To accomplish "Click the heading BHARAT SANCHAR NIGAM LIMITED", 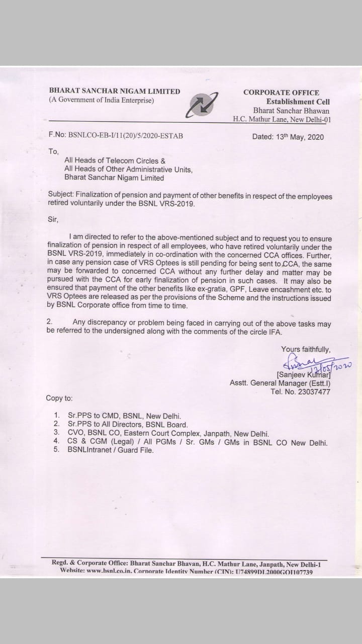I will click(114, 91).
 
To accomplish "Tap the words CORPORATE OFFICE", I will click(281, 93).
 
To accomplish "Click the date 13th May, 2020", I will click(288, 137).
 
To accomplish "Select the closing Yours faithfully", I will click(306, 349).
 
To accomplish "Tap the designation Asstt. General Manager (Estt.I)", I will click(280, 383).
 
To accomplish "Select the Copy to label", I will click(59, 398).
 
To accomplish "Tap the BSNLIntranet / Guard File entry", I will click(111, 450).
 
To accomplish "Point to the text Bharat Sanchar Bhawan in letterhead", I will click(292, 111).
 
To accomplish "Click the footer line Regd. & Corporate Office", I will click(186, 564).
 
